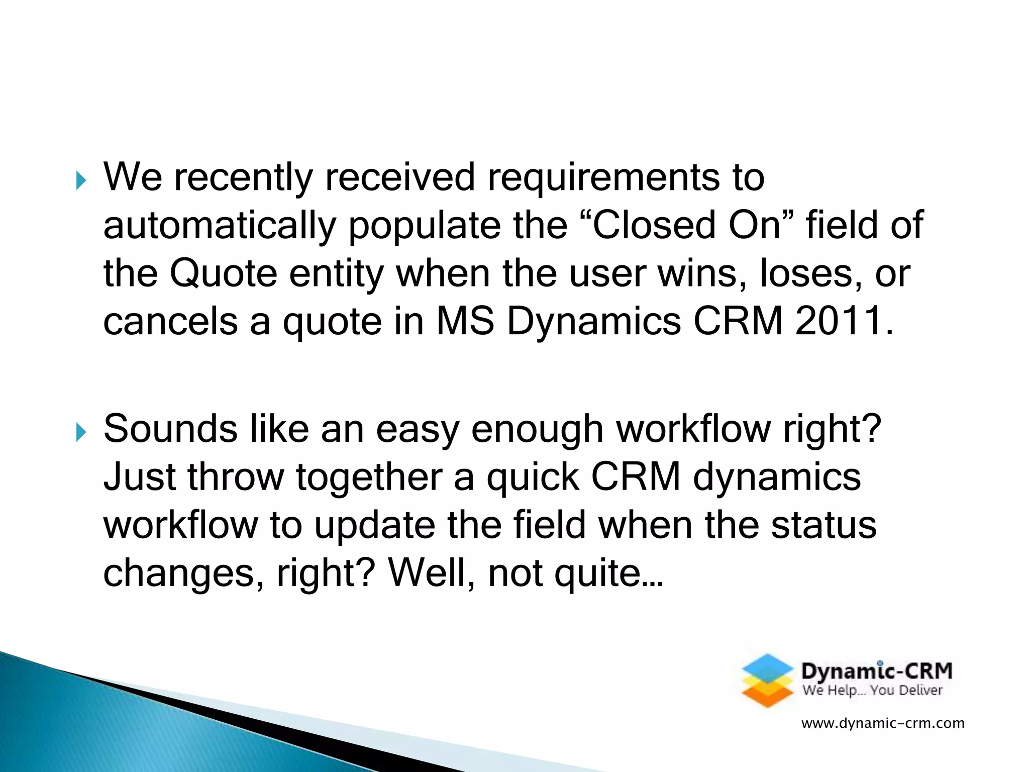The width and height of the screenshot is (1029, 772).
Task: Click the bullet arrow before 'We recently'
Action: (x=81, y=180)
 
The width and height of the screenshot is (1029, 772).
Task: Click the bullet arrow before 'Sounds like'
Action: (x=81, y=432)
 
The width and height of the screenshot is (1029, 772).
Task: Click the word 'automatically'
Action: (x=220, y=226)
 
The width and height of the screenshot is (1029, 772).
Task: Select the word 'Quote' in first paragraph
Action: (x=223, y=273)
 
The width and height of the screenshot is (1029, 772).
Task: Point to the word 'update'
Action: (x=375, y=525)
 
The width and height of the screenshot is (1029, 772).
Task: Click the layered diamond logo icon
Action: (x=767, y=681)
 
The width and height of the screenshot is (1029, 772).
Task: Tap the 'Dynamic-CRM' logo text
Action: (x=877, y=671)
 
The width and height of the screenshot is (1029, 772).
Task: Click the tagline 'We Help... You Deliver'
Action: (x=872, y=691)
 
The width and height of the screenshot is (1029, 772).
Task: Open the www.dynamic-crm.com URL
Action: (x=883, y=723)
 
